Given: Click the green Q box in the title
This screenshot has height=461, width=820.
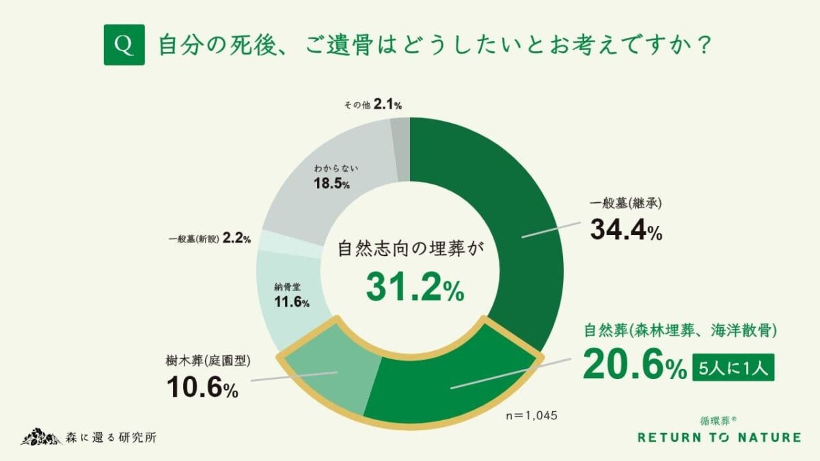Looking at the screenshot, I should tap(124, 45).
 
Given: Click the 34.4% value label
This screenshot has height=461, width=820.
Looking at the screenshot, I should tap(626, 231).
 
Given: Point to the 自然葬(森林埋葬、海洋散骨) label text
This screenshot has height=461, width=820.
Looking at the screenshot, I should tap(681, 331).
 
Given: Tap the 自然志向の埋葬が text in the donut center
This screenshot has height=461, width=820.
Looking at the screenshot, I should tap(411, 248).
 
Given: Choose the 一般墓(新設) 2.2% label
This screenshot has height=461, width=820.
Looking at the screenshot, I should tap(209, 239).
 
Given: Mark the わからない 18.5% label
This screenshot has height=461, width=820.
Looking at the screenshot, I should tap(332, 176).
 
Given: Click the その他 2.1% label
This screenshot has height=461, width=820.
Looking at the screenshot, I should tap(372, 104).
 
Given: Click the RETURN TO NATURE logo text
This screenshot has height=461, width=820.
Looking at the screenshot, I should tap(718, 437).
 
